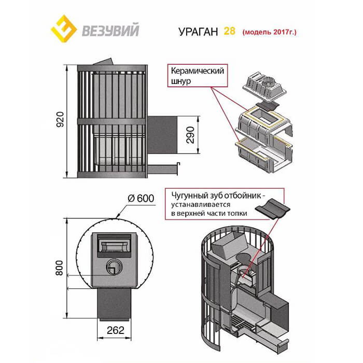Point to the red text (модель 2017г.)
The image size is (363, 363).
coord(270,31)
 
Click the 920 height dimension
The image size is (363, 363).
coord(60,120)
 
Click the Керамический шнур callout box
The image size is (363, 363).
coord(197,76)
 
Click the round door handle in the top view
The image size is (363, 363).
coord(114,267)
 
